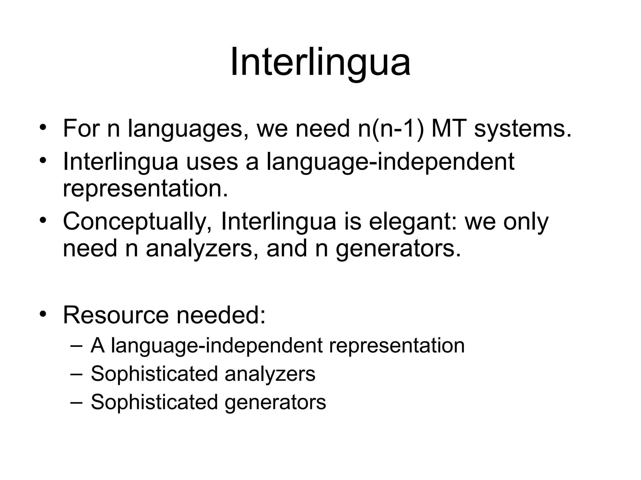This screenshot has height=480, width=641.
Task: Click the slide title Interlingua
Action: [320, 62]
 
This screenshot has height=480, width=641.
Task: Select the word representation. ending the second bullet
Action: [145, 189]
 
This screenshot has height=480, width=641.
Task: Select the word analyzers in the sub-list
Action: [270, 374]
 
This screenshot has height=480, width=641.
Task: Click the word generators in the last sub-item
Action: [275, 402]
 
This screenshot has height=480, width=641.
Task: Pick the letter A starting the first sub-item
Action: [97, 346]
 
